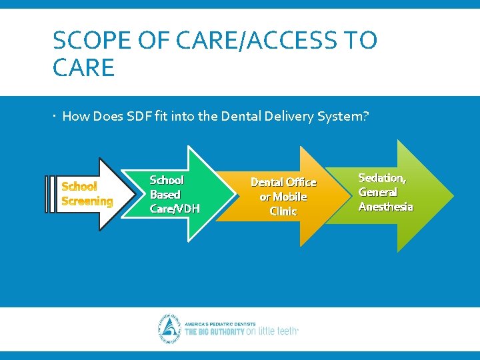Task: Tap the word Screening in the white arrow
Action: click(x=87, y=201)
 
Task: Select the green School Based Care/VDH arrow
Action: click(x=181, y=194)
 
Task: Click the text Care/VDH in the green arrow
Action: click(x=175, y=209)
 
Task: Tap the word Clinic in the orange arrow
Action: click(x=283, y=211)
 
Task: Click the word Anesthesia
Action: click(x=385, y=207)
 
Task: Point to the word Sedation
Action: click(x=382, y=178)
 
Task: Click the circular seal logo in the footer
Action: click(x=169, y=329)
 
